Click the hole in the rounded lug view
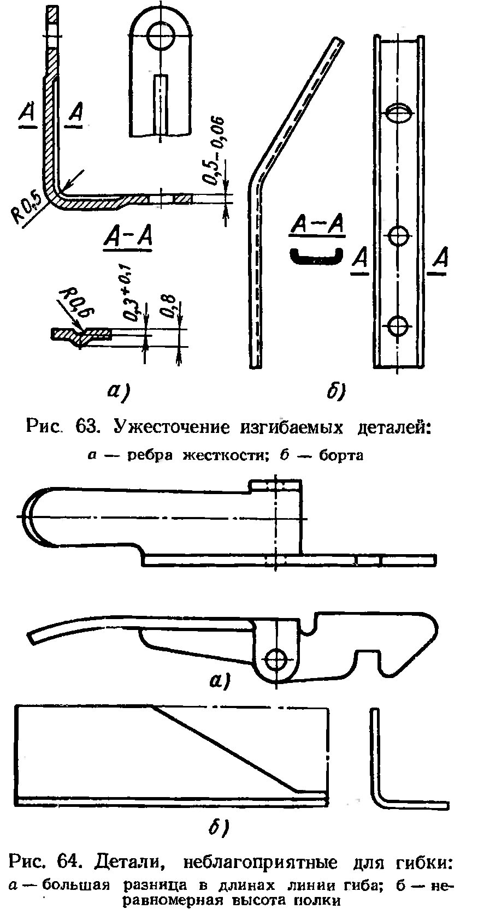coord(162,35)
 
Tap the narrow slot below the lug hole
coord(161,104)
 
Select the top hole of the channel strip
coord(398,114)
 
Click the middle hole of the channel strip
coord(398,236)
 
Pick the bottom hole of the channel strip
coord(398,325)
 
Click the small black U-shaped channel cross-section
coord(316,256)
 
